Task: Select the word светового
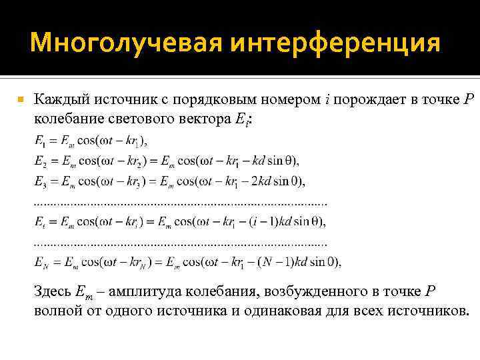(139, 118)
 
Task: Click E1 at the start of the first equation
(39, 141)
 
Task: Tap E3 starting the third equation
(39, 181)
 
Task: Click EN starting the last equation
(40, 261)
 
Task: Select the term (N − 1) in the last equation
(273, 261)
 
